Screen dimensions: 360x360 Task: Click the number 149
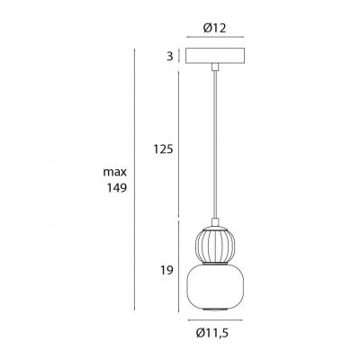(x=117, y=188)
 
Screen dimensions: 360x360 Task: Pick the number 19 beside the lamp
(x=166, y=268)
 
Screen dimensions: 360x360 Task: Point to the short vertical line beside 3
(x=179, y=57)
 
